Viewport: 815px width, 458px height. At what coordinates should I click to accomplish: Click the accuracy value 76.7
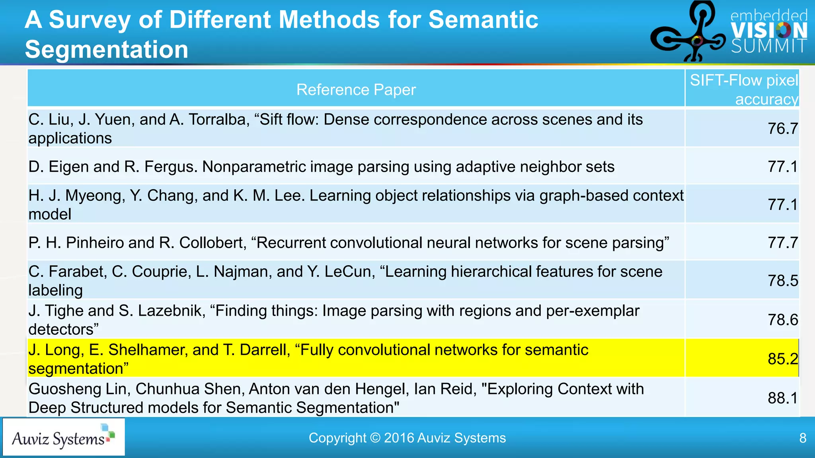click(x=782, y=128)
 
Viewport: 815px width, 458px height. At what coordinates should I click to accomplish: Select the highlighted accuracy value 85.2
click(x=782, y=359)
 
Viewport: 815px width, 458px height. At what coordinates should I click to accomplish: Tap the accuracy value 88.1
click(x=782, y=398)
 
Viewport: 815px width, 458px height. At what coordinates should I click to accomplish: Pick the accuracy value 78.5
click(x=782, y=281)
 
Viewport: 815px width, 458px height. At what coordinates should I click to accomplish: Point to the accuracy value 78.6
click(x=782, y=320)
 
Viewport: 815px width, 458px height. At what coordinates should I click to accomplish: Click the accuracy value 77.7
click(x=782, y=243)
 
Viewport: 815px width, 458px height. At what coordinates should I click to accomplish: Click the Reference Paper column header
click(x=356, y=90)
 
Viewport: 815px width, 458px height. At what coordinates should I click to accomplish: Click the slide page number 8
click(x=803, y=438)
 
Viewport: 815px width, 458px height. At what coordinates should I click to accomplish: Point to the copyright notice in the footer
click(x=407, y=438)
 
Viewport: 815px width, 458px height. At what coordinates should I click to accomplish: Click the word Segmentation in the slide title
click(x=106, y=50)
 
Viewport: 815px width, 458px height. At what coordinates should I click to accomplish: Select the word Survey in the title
click(x=90, y=19)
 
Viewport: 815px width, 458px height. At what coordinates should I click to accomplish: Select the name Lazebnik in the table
click(x=172, y=311)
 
